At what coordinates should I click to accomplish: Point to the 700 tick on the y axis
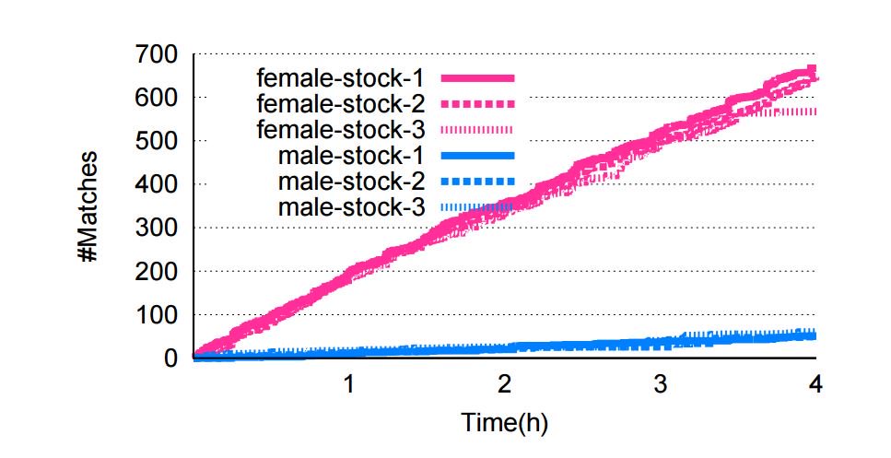(158, 55)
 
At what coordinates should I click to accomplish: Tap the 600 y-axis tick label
(158, 98)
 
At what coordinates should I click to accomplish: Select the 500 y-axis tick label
(158, 141)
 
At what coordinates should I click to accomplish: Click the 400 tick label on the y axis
(158, 184)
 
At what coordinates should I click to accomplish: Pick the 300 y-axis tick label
(158, 228)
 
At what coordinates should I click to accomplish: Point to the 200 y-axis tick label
(158, 271)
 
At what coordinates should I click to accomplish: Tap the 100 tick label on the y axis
(158, 314)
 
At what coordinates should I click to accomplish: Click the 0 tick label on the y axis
(170, 358)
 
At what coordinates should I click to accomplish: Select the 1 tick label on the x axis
(349, 382)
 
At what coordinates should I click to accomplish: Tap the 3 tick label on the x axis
(660, 382)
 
